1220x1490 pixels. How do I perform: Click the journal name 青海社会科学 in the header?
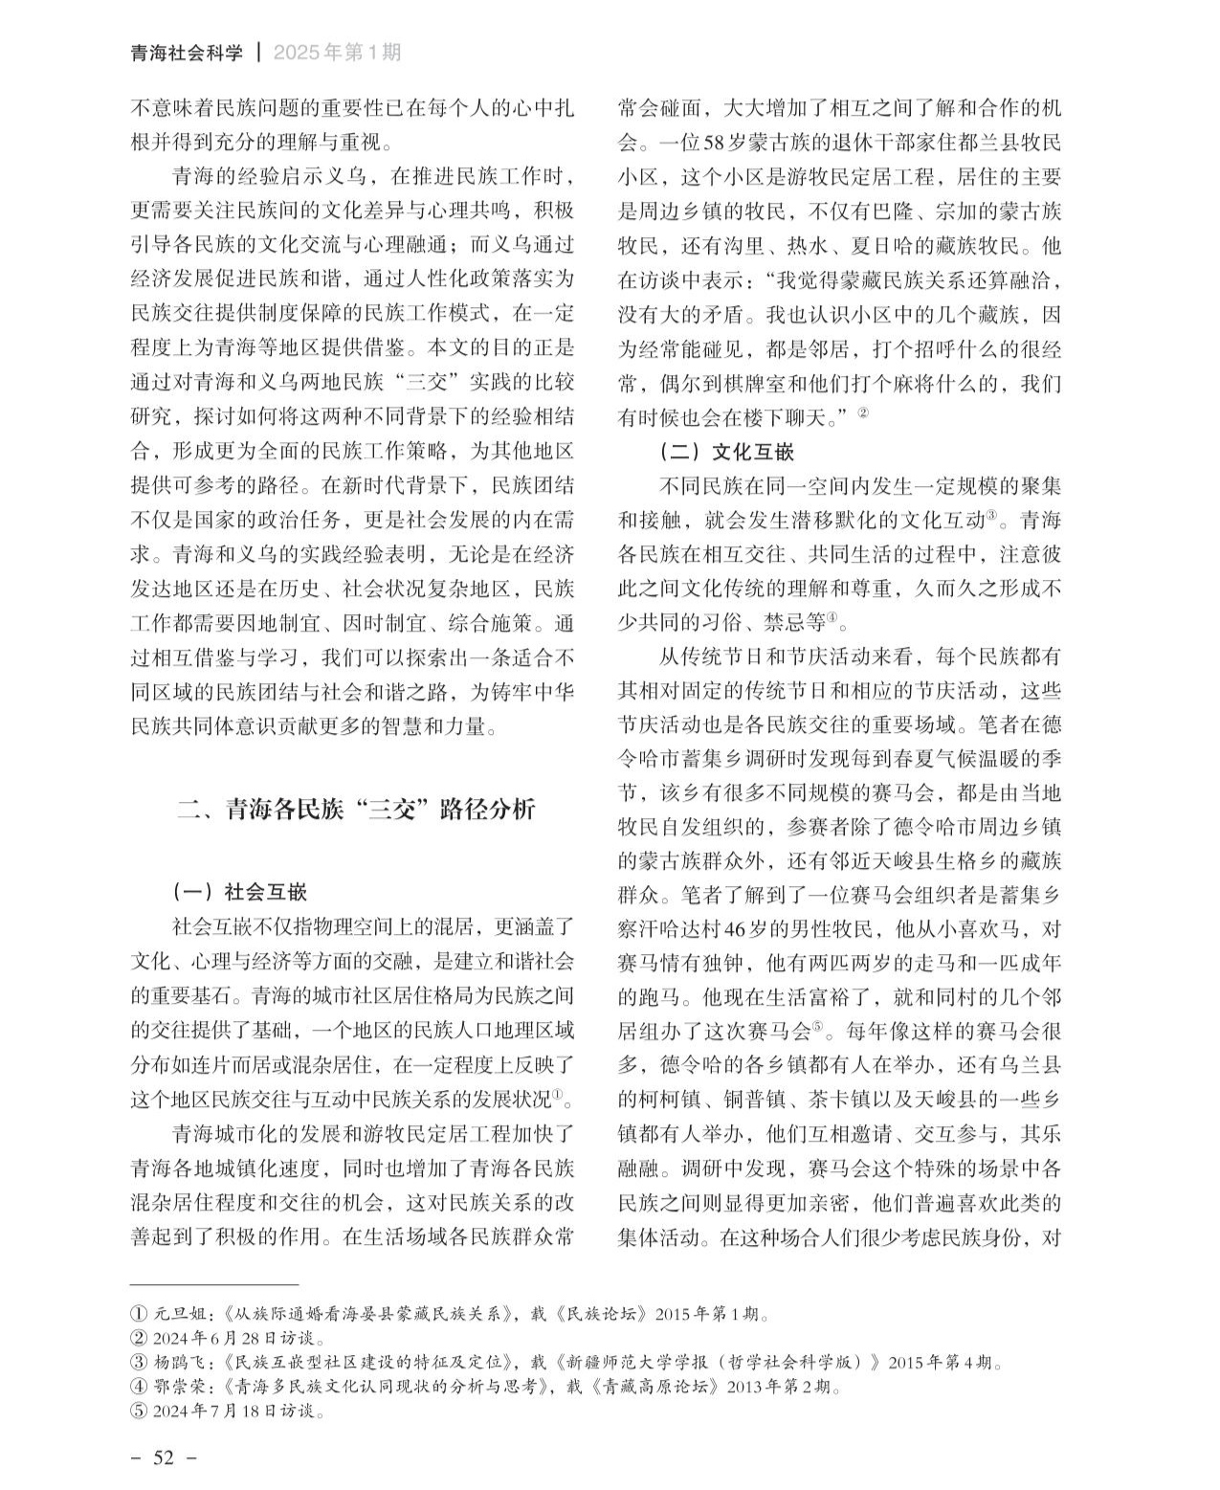(187, 53)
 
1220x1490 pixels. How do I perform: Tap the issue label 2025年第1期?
(337, 53)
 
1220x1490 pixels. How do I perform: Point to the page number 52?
(164, 1457)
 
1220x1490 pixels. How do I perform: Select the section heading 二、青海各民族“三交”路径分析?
(357, 810)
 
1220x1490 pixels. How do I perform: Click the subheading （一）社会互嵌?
(240, 892)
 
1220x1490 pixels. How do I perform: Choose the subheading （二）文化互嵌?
(727, 451)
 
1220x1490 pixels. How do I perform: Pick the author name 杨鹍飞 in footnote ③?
(181, 1362)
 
